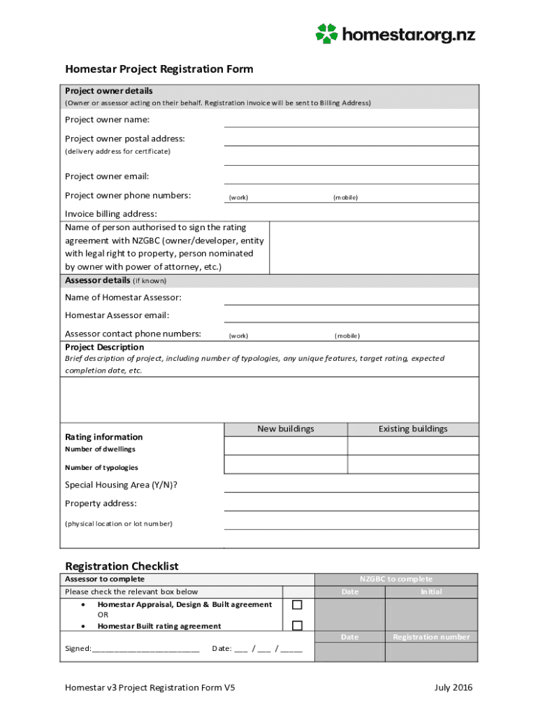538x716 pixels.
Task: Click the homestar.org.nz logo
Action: click(395, 33)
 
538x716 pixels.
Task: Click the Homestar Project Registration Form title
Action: click(159, 69)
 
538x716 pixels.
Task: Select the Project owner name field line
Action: click(351, 120)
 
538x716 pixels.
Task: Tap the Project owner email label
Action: click(107, 176)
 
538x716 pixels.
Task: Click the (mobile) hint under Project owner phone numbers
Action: click(345, 198)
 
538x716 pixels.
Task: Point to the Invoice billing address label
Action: click(111, 214)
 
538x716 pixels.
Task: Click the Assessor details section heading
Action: click(97, 280)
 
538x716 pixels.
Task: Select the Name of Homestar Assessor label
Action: click(123, 298)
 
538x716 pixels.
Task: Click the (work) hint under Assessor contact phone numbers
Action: click(238, 336)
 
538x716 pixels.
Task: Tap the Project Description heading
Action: click(104, 348)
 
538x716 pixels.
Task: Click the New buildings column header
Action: click(286, 429)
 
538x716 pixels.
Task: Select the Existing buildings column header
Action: click(413, 429)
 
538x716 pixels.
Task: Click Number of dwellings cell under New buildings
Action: click(286, 446)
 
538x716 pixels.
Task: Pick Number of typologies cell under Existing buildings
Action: click(413, 464)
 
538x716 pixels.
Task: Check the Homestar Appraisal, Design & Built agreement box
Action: click(298, 605)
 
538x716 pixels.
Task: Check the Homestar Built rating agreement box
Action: click(298, 626)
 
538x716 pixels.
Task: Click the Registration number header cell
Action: click(431, 637)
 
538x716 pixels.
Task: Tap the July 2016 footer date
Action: click(453, 688)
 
